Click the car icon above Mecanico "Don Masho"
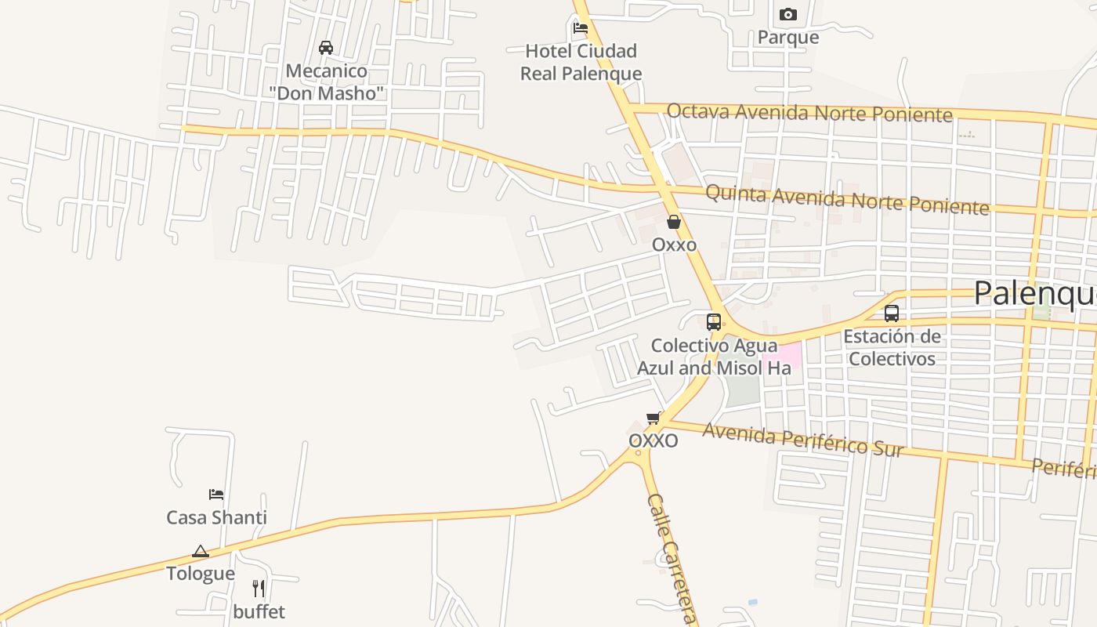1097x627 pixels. pos(326,48)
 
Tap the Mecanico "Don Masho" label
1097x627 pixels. pos(326,82)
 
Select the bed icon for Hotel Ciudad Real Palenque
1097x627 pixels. pos(580,28)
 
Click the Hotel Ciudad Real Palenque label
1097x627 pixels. pos(581,63)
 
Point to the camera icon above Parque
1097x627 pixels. pos(788,14)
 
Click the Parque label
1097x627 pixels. pos(788,38)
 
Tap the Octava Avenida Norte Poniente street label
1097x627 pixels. pos(809,113)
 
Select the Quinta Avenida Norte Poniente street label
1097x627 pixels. pos(847,200)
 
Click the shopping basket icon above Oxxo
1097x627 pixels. pos(674,222)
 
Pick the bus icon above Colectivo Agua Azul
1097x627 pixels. pos(713,321)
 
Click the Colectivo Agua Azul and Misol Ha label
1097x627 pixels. pos(714,357)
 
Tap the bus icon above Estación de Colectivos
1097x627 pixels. pos(892,313)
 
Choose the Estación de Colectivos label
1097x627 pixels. pos(892,348)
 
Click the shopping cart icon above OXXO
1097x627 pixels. pos(653,418)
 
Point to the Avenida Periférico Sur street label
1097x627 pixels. pos(803,440)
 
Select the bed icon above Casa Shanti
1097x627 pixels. pos(216,494)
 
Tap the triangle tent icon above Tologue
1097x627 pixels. pos(201,551)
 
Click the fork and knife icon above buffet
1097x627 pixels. pos(259,589)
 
